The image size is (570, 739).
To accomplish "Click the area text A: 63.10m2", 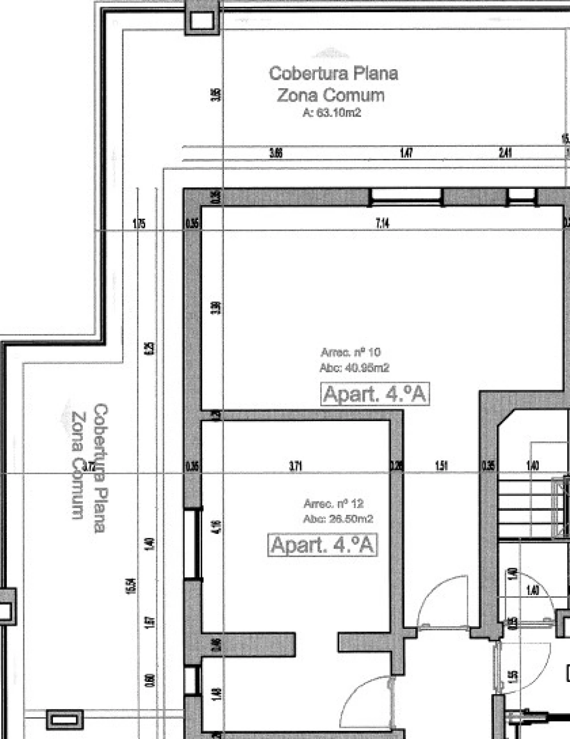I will pyautogui.click(x=332, y=113).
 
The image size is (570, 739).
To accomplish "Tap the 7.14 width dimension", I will pyautogui.click(x=383, y=223).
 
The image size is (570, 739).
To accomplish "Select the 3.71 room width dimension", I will pyautogui.click(x=296, y=466).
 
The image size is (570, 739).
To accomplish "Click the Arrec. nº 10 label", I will pyautogui.click(x=350, y=352).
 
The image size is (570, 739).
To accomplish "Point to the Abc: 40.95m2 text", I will pyautogui.click(x=354, y=368).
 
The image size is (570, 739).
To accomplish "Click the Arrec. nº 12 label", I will pyautogui.click(x=333, y=504).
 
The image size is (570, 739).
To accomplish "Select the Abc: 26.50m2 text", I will pyautogui.click(x=338, y=519).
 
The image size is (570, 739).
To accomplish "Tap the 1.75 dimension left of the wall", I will pyautogui.click(x=139, y=223).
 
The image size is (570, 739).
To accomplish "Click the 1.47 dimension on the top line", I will pyautogui.click(x=406, y=153).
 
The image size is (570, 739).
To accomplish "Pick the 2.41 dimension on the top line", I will pyautogui.click(x=505, y=153).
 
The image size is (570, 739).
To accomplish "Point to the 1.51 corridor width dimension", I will pyautogui.click(x=441, y=466).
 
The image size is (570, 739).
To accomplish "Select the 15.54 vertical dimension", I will pyautogui.click(x=130, y=586).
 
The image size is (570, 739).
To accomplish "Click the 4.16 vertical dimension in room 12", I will pyautogui.click(x=217, y=528).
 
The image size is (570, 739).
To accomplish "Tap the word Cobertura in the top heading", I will pyautogui.click(x=301, y=73).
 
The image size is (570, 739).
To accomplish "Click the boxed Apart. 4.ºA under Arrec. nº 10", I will pyautogui.click(x=375, y=394).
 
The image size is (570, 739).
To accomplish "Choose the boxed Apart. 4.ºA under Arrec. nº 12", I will pyautogui.click(x=322, y=545).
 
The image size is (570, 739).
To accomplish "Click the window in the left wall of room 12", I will pyautogui.click(x=193, y=544).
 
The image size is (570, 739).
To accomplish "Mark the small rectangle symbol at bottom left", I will pyautogui.click(x=65, y=720).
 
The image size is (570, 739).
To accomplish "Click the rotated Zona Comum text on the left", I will pyautogui.click(x=78, y=465).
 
